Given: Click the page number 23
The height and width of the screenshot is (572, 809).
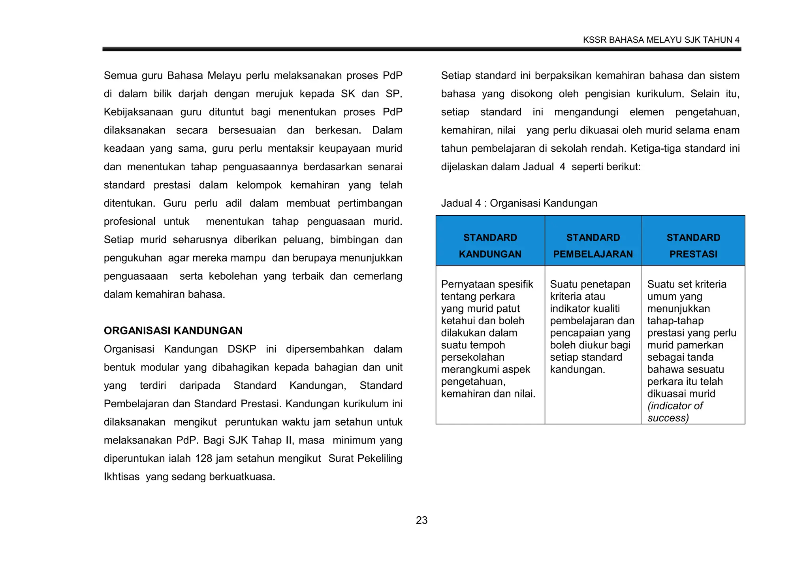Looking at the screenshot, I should [x=421, y=520].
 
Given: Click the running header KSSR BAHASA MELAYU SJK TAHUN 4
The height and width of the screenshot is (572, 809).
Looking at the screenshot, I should [x=661, y=40].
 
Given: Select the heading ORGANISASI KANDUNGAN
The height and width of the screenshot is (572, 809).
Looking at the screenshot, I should [x=173, y=331].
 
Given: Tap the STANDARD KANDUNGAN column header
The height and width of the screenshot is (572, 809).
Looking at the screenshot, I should [x=490, y=245].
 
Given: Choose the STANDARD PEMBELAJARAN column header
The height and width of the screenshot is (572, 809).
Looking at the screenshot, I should [x=593, y=245].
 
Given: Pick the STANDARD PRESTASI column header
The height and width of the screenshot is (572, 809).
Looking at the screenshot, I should [x=693, y=245].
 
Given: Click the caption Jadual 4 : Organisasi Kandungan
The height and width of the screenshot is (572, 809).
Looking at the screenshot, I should [x=519, y=203].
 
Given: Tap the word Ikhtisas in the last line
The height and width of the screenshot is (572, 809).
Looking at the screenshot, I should [x=121, y=476].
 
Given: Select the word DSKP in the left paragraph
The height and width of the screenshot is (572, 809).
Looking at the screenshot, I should [x=241, y=349].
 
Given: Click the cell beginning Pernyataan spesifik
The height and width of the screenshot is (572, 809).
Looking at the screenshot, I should [x=488, y=339].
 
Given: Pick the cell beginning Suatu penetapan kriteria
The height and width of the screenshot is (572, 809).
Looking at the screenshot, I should [x=592, y=327].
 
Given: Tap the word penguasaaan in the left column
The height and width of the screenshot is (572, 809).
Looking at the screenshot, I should [x=135, y=276].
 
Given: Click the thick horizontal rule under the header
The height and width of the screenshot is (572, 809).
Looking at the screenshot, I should [x=421, y=49].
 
